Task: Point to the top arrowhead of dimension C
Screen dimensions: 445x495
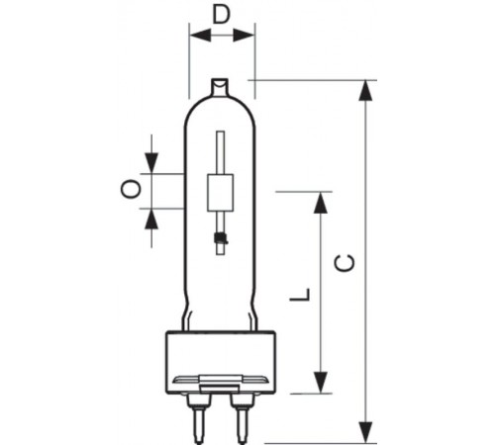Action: (367, 90)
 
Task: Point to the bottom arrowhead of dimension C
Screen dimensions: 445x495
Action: (367, 432)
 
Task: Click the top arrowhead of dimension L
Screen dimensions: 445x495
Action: (320, 203)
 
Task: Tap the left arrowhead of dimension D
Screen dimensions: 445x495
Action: (197, 35)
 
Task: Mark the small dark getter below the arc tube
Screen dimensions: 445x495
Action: (220, 237)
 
